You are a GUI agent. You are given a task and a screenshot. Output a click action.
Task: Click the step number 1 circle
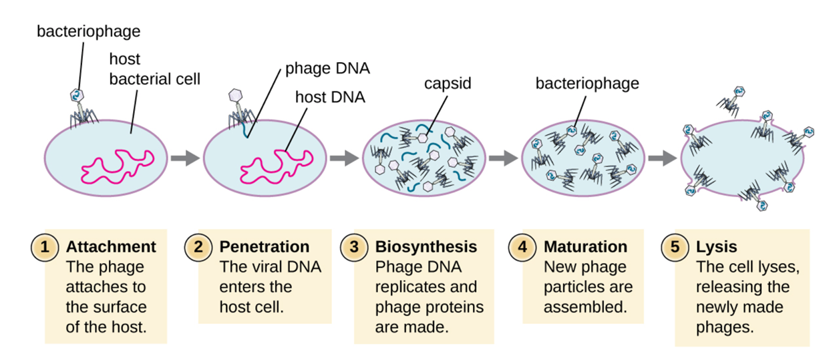[45, 247]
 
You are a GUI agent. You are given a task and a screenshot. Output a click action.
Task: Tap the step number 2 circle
[198, 247]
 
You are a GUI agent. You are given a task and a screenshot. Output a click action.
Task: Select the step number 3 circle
[354, 247]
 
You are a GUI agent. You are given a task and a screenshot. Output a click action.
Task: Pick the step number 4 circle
[522, 247]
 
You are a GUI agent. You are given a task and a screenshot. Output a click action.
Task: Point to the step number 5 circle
[675, 247]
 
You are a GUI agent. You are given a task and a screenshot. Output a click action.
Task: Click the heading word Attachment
[111, 246]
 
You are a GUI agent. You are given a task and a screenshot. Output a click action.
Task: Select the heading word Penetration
[265, 246]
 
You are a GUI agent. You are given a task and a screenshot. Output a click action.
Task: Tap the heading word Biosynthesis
[426, 247]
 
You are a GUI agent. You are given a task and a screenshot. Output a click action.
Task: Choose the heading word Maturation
[585, 246]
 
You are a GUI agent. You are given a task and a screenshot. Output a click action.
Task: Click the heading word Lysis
[717, 247]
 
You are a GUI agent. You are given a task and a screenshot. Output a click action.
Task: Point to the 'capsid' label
[448, 83]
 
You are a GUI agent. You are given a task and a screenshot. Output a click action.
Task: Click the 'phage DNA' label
[328, 69]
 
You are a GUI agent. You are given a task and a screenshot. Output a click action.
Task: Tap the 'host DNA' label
[330, 98]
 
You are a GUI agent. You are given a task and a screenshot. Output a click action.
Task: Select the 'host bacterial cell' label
[155, 69]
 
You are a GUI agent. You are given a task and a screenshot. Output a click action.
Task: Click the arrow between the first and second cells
[185, 158]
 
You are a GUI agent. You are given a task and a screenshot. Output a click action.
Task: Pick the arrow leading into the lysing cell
[663, 158]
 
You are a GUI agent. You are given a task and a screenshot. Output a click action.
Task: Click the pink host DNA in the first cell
[118, 167]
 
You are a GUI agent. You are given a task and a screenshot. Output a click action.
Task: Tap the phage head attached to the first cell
[77, 96]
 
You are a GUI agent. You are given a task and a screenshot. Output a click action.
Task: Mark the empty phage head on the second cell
[235, 96]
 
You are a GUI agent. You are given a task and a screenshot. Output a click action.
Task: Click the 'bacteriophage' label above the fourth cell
[587, 83]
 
